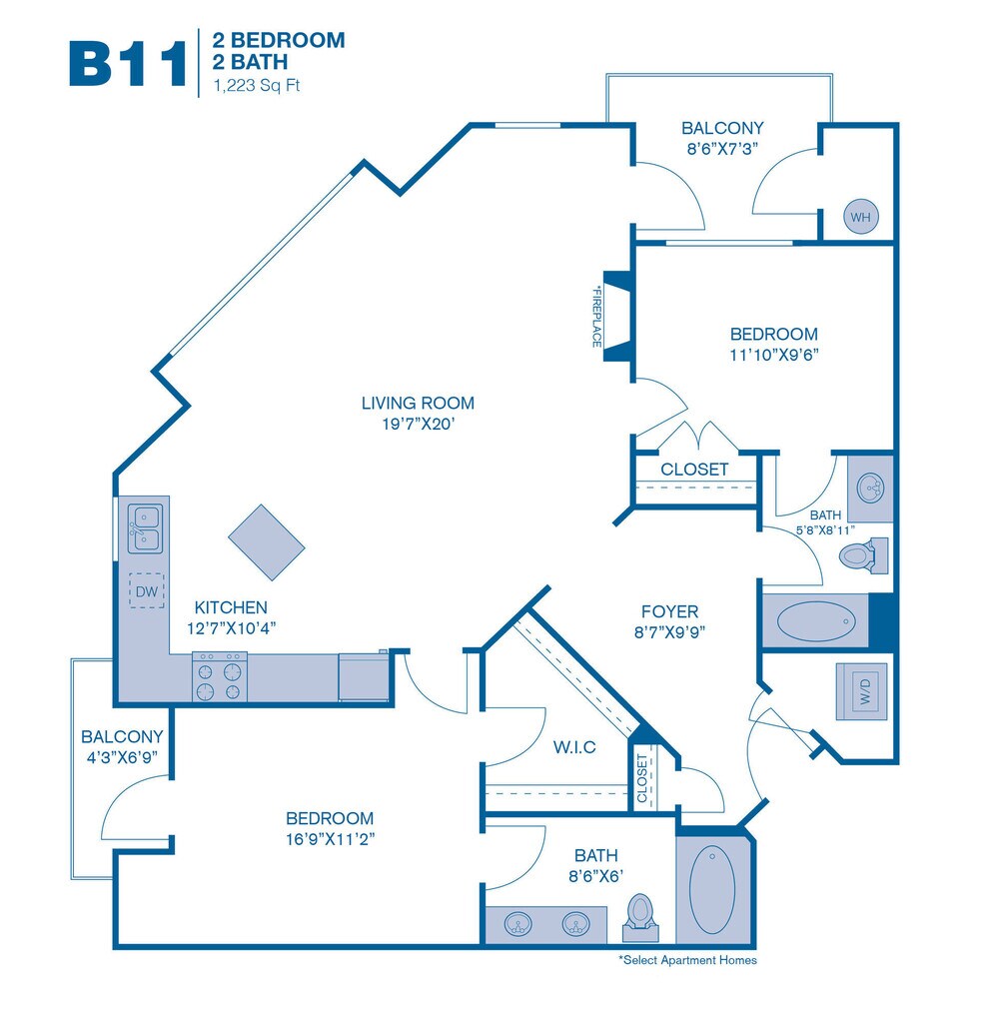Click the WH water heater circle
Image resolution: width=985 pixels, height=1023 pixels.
pyautogui.click(x=860, y=216)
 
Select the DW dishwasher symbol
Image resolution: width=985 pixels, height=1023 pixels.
pyautogui.click(x=147, y=591)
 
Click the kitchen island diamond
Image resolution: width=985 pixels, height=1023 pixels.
pyautogui.click(x=266, y=540)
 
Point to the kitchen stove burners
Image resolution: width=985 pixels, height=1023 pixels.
pyautogui.click(x=220, y=676)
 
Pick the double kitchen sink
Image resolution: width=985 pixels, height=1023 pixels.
pyautogui.click(x=145, y=528)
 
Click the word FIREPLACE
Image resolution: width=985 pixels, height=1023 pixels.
pyautogui.click(x=596, y=316)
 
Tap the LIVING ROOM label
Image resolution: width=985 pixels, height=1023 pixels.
pyautogui.click(x=418, y=404)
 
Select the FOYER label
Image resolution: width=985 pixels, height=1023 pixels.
pyautogui.click(x=669, y=611)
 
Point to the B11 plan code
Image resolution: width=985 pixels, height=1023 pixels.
pyautogui.click(x=127, y=63)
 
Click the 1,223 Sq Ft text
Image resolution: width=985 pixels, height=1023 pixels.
pyautogui.click(x=256, y=86)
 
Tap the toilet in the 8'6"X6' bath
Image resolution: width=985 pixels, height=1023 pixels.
pyautogui.click(x=639, y=913)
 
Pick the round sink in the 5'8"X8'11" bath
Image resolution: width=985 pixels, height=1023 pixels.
pyautogui.click(x=870, y=487)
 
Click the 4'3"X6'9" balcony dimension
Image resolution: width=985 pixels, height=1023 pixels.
pyautogui.click(x=122, y=756)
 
